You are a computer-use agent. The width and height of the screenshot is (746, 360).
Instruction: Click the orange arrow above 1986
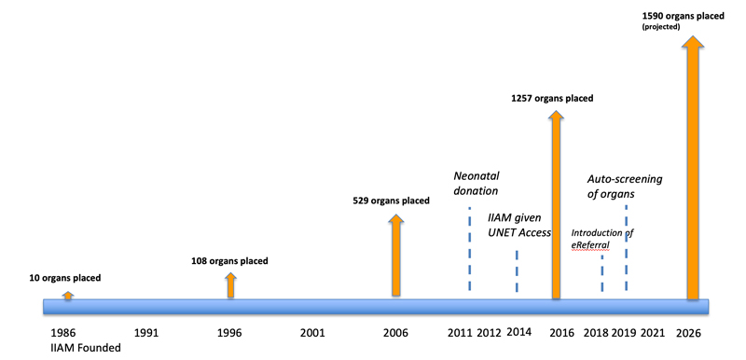click(68, 296)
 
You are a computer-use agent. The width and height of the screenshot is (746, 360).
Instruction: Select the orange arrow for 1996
click(230, 284)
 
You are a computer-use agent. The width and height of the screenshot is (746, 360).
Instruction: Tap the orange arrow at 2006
click(395, 255)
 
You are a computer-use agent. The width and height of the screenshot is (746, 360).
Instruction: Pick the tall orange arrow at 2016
click(556, 204)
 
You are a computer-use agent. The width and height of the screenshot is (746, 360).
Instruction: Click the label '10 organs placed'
click(64, 278)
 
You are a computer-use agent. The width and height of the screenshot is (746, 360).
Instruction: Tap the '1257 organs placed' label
click(552, 99)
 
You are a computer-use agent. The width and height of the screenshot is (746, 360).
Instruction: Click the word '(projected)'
click(661, 27)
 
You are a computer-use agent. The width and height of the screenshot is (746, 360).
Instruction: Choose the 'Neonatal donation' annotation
click(477, 183)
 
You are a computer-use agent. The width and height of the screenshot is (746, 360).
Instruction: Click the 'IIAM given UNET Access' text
click(519, 226)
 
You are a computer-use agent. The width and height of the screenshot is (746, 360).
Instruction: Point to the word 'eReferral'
click(590, 245)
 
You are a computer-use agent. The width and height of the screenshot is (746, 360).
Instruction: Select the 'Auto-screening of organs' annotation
click(624, 187)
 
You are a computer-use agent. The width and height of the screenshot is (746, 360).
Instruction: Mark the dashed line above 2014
click(518, 271)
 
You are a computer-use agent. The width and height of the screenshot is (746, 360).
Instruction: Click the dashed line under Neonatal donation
click(470, 249)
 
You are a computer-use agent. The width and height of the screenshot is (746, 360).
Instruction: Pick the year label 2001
click(312, 333)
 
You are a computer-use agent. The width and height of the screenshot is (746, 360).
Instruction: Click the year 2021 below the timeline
click(652, 333)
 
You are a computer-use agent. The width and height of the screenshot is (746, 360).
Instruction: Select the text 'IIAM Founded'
click(86, 348)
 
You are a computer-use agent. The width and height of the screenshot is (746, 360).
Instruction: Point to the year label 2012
click(489, 333)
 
